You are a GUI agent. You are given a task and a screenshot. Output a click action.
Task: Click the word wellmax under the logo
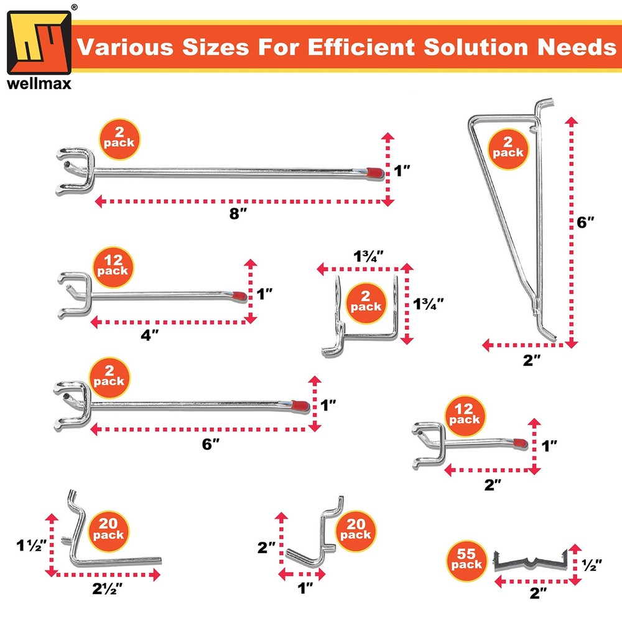coord(39,83)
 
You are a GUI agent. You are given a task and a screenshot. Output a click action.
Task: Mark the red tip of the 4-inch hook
coord(238,294)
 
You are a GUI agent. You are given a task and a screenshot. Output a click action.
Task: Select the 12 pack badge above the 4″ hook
coord(112,265)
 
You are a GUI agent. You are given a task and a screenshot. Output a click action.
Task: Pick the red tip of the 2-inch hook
coord(519,443)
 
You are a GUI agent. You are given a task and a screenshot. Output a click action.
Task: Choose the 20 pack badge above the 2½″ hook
coord(110,529)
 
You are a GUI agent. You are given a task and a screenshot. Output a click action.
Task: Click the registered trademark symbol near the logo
coord(75,7)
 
